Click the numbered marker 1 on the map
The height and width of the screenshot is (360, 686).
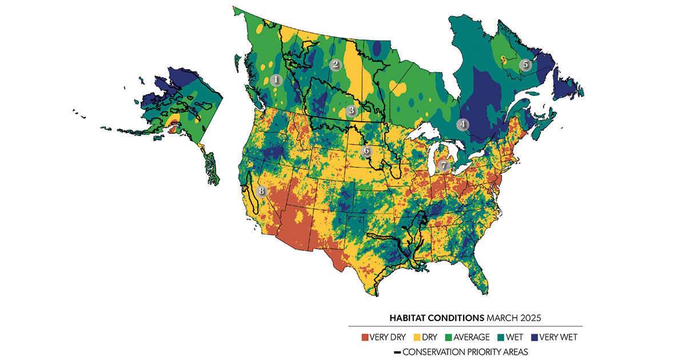(276, 80)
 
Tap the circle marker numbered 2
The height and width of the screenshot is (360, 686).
(335, 65)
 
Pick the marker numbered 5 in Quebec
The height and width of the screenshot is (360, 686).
(525, 65)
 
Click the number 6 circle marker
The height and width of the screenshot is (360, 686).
(366, 151)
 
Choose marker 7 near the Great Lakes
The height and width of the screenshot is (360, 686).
(443, 166)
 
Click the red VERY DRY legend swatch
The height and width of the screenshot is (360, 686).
(366, 337)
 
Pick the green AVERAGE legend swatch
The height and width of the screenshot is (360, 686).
(448, 337)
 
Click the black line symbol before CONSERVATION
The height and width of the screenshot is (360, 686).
(397, 352)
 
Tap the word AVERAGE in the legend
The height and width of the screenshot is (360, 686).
(472, 337)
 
